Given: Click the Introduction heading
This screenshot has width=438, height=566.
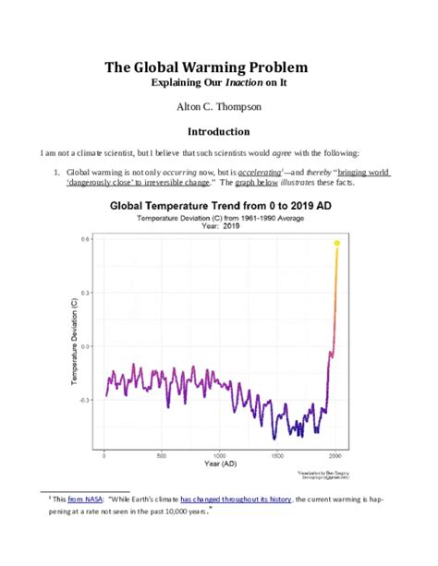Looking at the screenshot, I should (x=219, y=131).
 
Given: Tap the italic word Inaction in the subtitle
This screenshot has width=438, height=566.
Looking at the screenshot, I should (x=248, y=83).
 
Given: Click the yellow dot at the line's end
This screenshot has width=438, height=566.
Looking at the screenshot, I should (x=337, y=243).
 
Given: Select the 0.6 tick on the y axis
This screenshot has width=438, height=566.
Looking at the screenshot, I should (x=85, y=239).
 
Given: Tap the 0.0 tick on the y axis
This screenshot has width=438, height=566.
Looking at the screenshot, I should (x=85, y=346).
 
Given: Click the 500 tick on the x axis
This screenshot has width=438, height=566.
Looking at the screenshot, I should (x=162, y=454).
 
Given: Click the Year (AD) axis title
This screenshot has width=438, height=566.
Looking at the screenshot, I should (x=220, y=464).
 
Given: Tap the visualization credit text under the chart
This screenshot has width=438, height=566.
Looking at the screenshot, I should (x=319, y=475).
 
